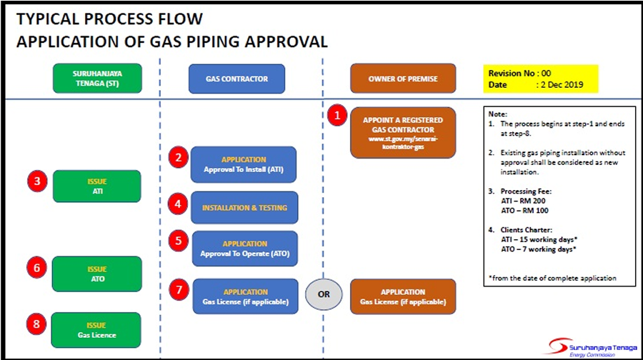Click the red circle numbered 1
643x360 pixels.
337,116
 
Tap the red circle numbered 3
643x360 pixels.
38,181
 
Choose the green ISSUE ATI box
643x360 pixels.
97,186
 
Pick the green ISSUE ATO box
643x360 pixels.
97,274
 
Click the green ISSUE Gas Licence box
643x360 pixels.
97,330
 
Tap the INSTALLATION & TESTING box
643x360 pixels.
244,208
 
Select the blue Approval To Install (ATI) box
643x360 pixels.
244,164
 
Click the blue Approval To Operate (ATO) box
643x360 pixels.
244,249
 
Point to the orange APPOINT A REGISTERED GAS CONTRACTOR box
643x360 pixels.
403,130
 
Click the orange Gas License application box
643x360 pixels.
403,296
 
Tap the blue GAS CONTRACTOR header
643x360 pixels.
236,79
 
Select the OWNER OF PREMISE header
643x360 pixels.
403,79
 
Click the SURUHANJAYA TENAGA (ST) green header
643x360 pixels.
97,79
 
